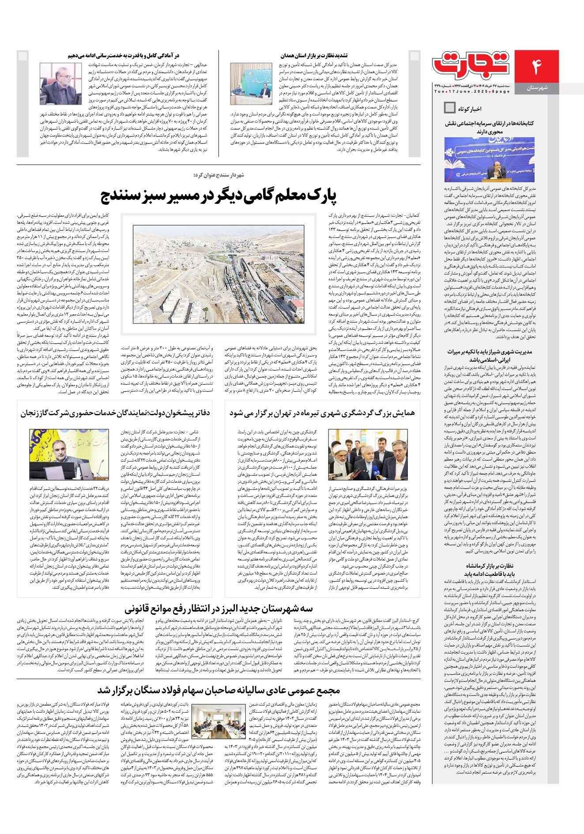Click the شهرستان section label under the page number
point(537,88)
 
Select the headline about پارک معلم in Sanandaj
point(219,196)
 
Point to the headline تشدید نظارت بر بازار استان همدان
point(314,56)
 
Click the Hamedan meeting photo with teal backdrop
point(251,84)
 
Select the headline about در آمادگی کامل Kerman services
point(124,56)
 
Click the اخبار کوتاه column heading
point(469,109)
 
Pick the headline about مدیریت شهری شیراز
point(489,355)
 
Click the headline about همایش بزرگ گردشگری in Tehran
point(322,413)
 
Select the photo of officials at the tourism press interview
point(368,455)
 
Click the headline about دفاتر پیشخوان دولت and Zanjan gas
point(115,413)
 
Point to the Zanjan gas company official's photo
point(69,455)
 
